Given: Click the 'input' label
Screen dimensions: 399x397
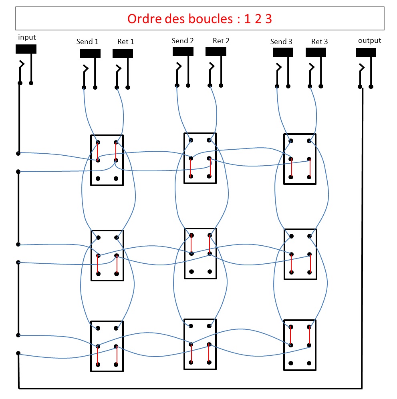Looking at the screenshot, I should pyautogui.click(x=27, y=37).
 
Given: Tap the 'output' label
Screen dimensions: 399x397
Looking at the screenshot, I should pyautogui.click(x=369, y=40).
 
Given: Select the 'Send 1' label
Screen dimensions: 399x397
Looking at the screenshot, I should pyautogui.click(x=87, y=41).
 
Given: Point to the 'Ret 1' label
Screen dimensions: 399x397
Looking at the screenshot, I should pyautogui.click(x=126, y=41).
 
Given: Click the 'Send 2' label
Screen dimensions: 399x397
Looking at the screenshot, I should pyautogui.click(x=183, y=40).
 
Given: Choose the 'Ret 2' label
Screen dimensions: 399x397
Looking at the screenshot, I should pyautogui.click(x=221, y=40).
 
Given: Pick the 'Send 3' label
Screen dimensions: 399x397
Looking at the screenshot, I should pyautogui.click(x=281, y=41).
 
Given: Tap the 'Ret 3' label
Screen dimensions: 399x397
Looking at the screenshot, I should pyautogui.click(x=319, y=41).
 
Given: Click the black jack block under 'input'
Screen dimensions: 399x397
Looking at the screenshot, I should pyautogui.click(x=26, y=49).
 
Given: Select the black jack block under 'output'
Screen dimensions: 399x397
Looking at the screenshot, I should pyautogui.click(x=366, y=52).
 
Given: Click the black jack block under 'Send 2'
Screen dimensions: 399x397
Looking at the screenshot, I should pyautogui.click(x=183, y=51).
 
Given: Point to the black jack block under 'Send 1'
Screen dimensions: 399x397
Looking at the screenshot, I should pyautogui.click(x=90, y=53).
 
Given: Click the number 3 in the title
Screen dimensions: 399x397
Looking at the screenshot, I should pyautogui.click(x=268, y=19).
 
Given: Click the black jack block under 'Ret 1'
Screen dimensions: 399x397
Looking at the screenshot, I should pyautogui.click(x=123, y=53).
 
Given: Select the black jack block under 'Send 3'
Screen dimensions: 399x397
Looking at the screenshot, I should pyautogui.click(x=283, y=52).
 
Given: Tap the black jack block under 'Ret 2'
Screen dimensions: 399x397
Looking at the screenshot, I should pyautogui.click(x=216, y=51).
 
